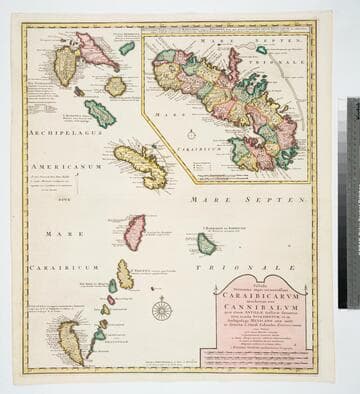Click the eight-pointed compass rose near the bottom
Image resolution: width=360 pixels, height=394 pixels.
[161, 310]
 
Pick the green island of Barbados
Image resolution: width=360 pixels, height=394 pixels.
[206, 243]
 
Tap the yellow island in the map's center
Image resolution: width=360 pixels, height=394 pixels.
[141, 166]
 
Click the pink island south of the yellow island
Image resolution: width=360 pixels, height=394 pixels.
[134, 231]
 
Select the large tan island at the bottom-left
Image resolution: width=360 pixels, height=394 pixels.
[71, 341]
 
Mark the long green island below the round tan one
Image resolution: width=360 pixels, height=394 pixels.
[100, 113]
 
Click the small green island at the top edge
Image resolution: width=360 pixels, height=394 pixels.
[127, 47]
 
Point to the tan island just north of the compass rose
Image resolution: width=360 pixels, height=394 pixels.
[124, 274]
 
